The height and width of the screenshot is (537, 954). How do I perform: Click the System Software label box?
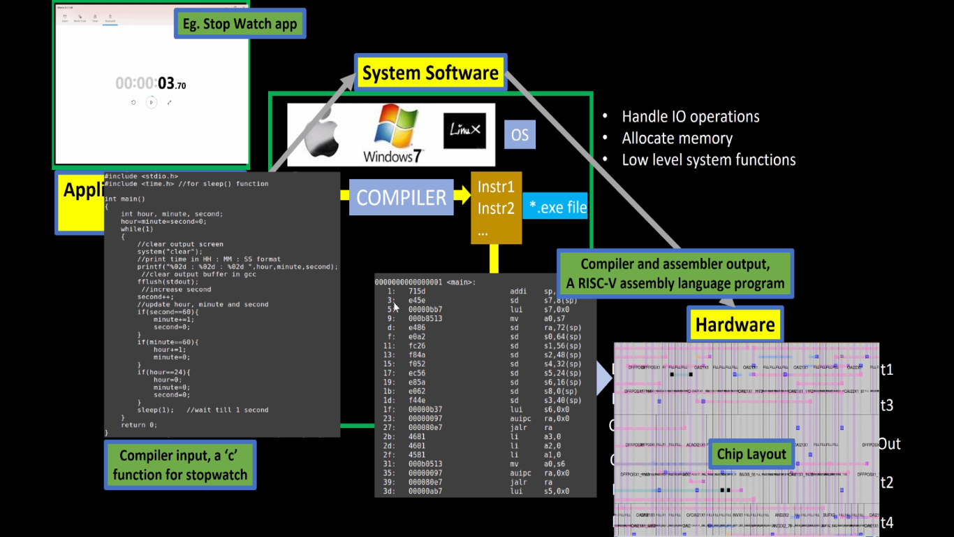pyautogui.click(x=430, y=73)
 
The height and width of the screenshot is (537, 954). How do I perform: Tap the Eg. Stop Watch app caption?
pyautogui.click(x=240, y=24)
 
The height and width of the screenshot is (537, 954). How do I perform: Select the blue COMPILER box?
pyautogui.click(x=401, y=197)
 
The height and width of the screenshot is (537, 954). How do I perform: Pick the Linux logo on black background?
pyautogui.click(x=464, y=130)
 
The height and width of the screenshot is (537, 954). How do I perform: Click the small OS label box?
pyautogui.click(x=520, y=134)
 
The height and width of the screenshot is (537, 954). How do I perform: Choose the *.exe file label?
pyautogui.click(x=558, y=208)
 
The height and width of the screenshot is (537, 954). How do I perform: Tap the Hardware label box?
pyautogui.click(x=735, y=324)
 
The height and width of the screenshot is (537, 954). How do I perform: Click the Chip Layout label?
pyautogui.click(x=751, y=454)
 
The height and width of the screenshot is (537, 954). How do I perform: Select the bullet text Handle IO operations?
pyautogui.click(x=690, y=117)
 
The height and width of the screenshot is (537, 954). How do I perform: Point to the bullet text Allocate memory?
pyautogui.click(x=677, y=138)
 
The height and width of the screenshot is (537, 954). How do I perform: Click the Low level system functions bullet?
pyautogui.click(x=708, y=160)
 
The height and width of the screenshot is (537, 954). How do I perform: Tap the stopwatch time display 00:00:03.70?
pyautogui.click(x=151, y=84)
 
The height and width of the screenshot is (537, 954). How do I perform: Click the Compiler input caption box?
pyautogui.click(x=180, y=465)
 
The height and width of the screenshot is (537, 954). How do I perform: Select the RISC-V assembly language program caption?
pyautogui.click(x=675, y=274)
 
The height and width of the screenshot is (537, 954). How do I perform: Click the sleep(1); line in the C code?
pyautogui.click(x=154, y=410)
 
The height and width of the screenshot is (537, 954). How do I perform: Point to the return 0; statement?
pyautogui.click(x=138, y=424)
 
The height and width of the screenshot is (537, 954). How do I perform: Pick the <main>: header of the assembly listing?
pyautogui.click(x=460, y=282)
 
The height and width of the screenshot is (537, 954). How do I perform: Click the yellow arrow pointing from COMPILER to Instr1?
pyautogui.click(x=462, y=196)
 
